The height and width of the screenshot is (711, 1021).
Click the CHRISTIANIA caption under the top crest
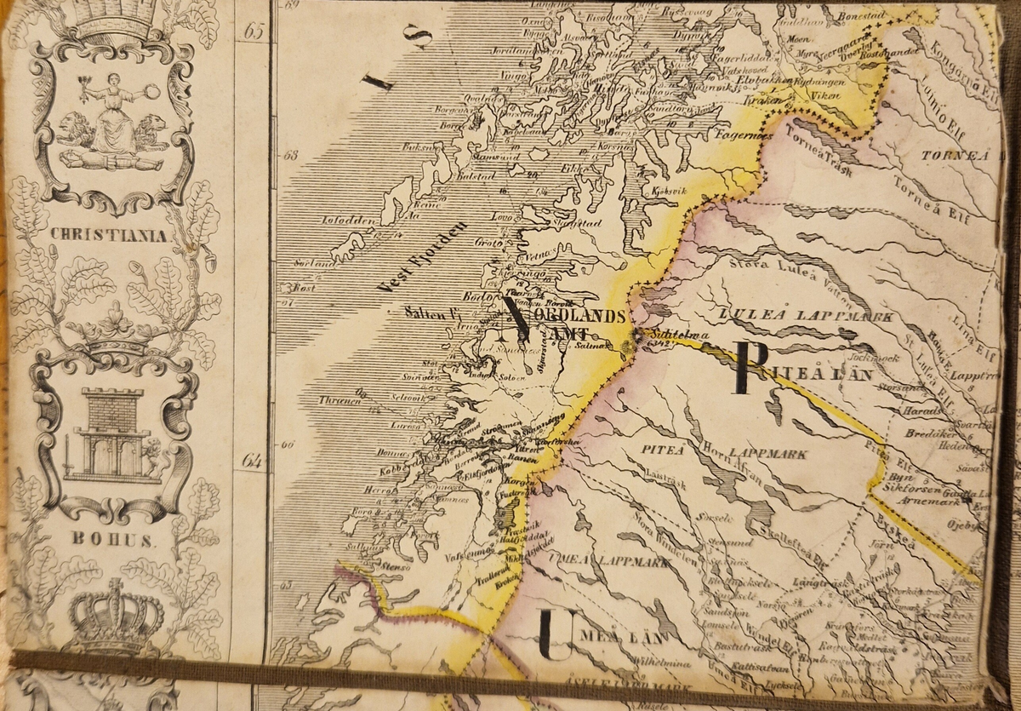pyautogui.click(x=108, y=235)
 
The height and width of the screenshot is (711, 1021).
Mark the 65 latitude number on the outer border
pyautogui.click(x=254, y=32)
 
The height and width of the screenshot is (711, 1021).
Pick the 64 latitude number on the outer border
pyautogui.click(x=252, y=461)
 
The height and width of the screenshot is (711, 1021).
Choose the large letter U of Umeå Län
pyautogui.click(x=557, y=635)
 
